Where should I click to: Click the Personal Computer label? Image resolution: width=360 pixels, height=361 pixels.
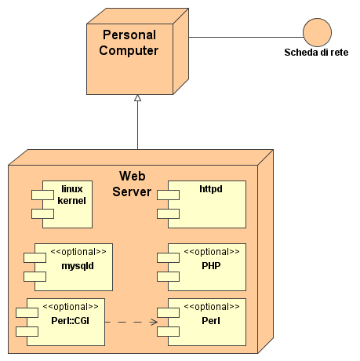click(129, 42)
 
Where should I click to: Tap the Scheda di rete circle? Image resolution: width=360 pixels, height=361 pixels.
click(317, 32)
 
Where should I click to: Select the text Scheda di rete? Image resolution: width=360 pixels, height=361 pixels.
click(316, 53)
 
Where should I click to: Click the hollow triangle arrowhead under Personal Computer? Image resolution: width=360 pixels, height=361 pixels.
click(137, 98)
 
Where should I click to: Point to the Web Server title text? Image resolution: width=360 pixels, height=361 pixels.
click(132, 184)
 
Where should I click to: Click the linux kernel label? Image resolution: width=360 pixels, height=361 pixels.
click(72, 195)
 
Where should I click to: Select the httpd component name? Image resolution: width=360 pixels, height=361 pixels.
click(211, 189)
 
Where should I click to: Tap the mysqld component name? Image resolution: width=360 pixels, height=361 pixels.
click(78, 266)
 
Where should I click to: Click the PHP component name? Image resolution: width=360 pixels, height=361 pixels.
click(211, 266)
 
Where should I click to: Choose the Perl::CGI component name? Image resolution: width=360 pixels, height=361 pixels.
click(71, 321)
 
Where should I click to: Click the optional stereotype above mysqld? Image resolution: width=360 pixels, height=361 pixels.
click(78, 252)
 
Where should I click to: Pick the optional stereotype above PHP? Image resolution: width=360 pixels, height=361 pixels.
click(212, 252)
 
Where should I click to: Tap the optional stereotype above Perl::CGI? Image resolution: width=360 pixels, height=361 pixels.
click(71, 307)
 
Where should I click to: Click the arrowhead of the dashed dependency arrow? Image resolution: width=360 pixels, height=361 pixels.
click(155, 322)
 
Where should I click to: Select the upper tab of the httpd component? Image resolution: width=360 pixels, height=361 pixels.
click(168, 195)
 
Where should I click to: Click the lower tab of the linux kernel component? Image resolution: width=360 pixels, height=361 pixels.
click(42, 213)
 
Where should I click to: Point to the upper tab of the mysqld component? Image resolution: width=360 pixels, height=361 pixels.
click(35, 257)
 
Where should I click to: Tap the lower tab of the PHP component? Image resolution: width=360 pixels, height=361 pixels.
click(168, 276)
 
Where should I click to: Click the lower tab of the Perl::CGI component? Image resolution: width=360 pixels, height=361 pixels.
click(27, 331)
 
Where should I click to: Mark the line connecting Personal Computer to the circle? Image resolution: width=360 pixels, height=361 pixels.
click(246, 37)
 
